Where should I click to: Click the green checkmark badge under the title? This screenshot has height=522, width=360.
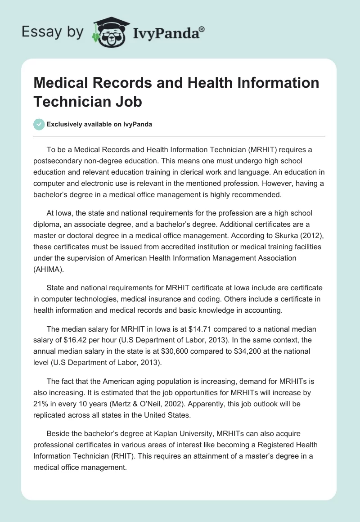40,124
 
